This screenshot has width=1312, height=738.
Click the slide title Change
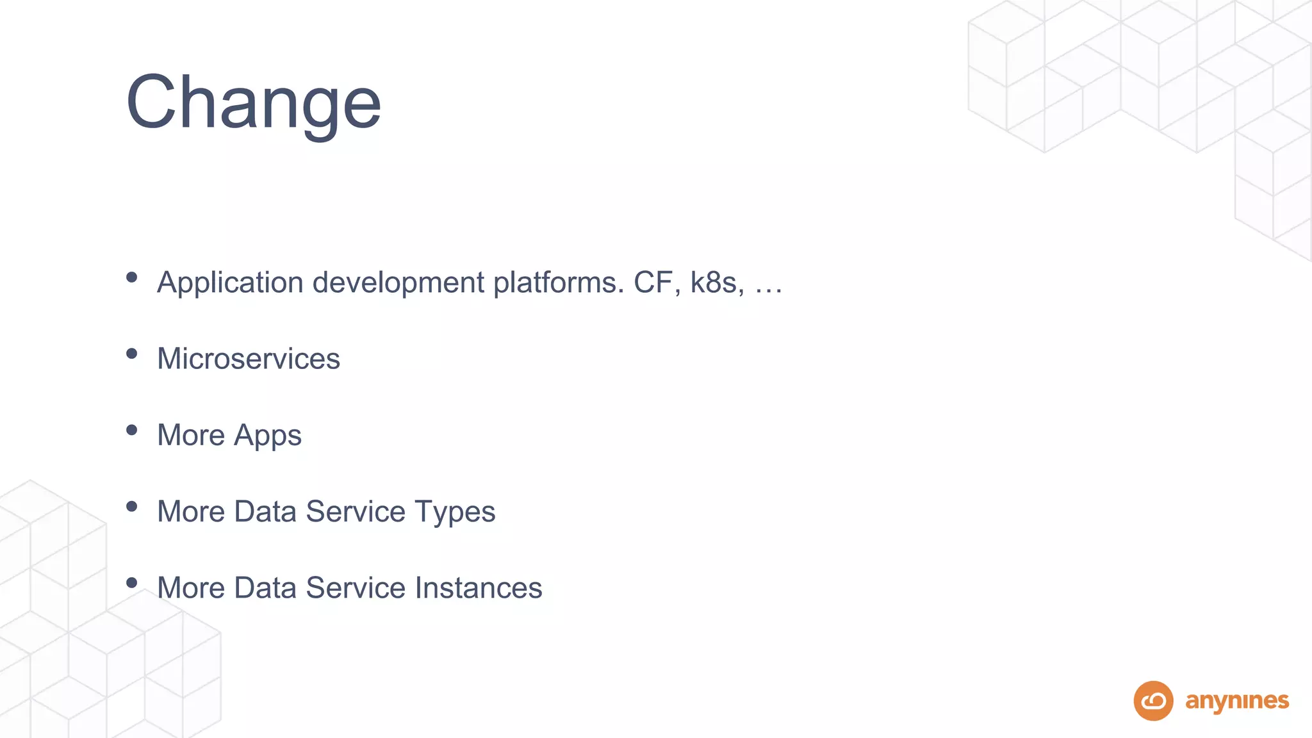[x=254, y=102]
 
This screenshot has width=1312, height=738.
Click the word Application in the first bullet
[x=231, y=283]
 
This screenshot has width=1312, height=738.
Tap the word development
[x=398, y=283]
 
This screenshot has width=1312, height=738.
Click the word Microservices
[x=249, y=359]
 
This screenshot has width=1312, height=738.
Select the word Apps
[x=267, y=436]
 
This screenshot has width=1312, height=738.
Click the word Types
[x=454, y=512]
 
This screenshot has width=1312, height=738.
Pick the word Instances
[x=479, y=588]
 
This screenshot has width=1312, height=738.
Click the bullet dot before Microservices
[x=132, y=354]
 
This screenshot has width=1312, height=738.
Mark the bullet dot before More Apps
[x=132, y=430]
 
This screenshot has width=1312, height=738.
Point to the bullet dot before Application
[x=132, y=277]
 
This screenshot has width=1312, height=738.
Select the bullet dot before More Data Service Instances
[x=132, y=582]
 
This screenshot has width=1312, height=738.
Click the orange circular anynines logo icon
[x=1153, y=701]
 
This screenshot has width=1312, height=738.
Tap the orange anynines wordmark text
[x=1236, y=701]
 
